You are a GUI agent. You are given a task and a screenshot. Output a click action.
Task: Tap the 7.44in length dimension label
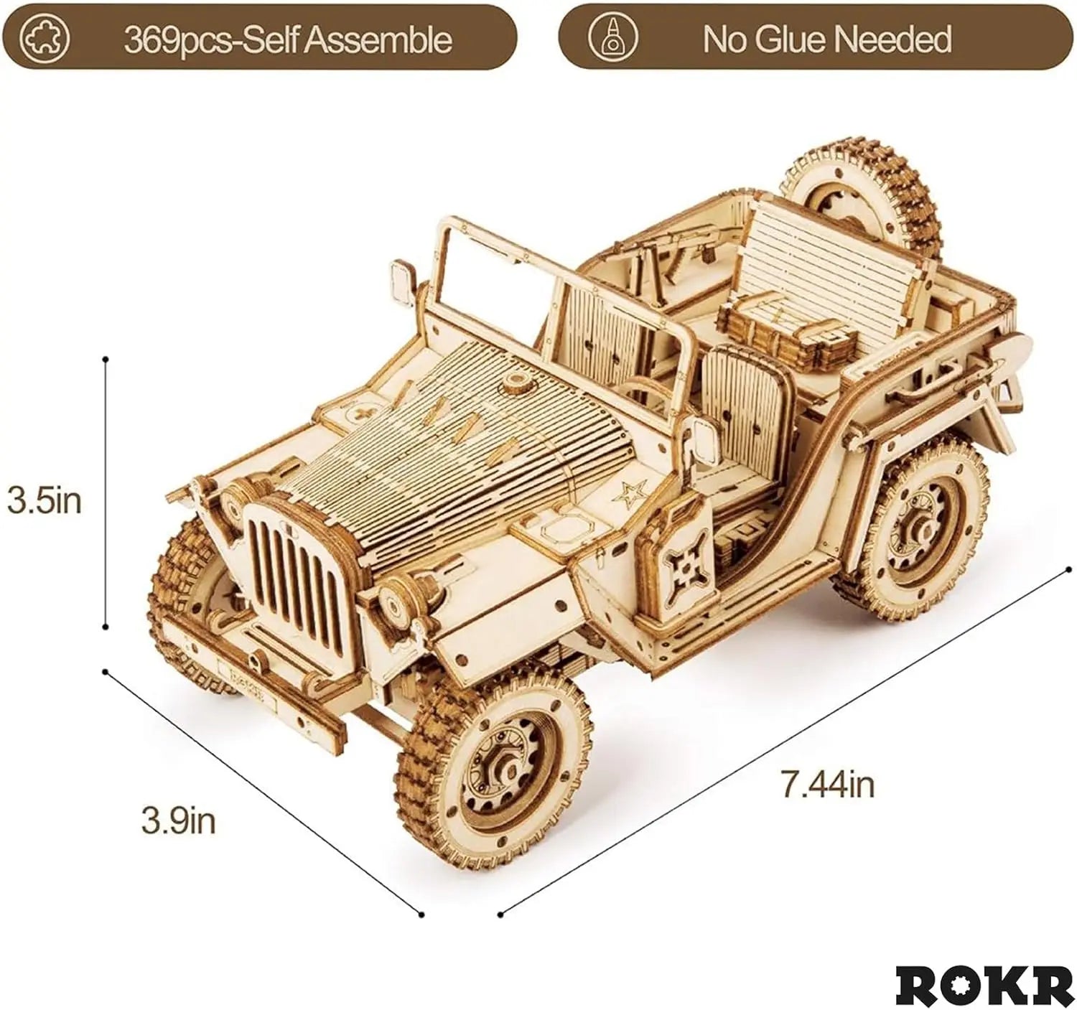pyautogui.click(x=828, y=784)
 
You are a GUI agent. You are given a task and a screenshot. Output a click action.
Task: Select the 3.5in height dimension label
pyautogui.click(x=45, y=501)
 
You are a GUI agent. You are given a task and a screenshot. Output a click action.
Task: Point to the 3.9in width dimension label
pyautogui.click(x=178, y=820)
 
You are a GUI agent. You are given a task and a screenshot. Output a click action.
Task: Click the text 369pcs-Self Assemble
pyautogui.click(x=287, y=39)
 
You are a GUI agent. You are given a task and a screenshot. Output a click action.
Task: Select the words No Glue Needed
pyautogui.click(x=826, y=39)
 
